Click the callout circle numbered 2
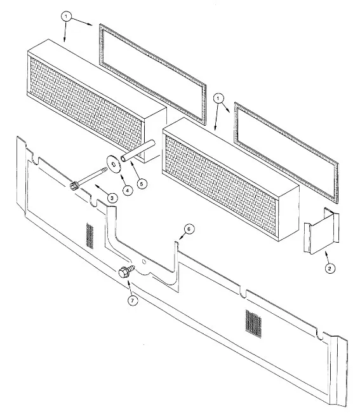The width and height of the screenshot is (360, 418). point(330,268)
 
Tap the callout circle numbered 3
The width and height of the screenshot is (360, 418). point(112,198)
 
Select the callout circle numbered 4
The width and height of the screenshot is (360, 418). point(128,191)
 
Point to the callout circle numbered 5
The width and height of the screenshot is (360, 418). point(142,184)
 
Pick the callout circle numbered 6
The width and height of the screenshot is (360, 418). point(189,229)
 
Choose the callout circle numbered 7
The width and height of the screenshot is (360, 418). point(133,300)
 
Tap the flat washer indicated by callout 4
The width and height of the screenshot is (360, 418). point(114,164)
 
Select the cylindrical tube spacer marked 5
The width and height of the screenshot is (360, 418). point(138,151)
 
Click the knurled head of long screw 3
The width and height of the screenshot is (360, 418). point(73,185)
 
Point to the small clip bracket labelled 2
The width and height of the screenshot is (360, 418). point(322,231)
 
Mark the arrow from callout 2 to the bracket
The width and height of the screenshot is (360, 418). point(327,257)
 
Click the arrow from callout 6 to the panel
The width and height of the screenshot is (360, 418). point(182,236)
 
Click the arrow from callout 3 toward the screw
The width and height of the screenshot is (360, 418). point(102,191)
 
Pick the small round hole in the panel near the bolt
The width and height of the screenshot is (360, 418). point(143,262)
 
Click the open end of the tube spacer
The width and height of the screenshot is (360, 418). point(123,159)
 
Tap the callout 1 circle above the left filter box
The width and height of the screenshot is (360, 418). point(66,17)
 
